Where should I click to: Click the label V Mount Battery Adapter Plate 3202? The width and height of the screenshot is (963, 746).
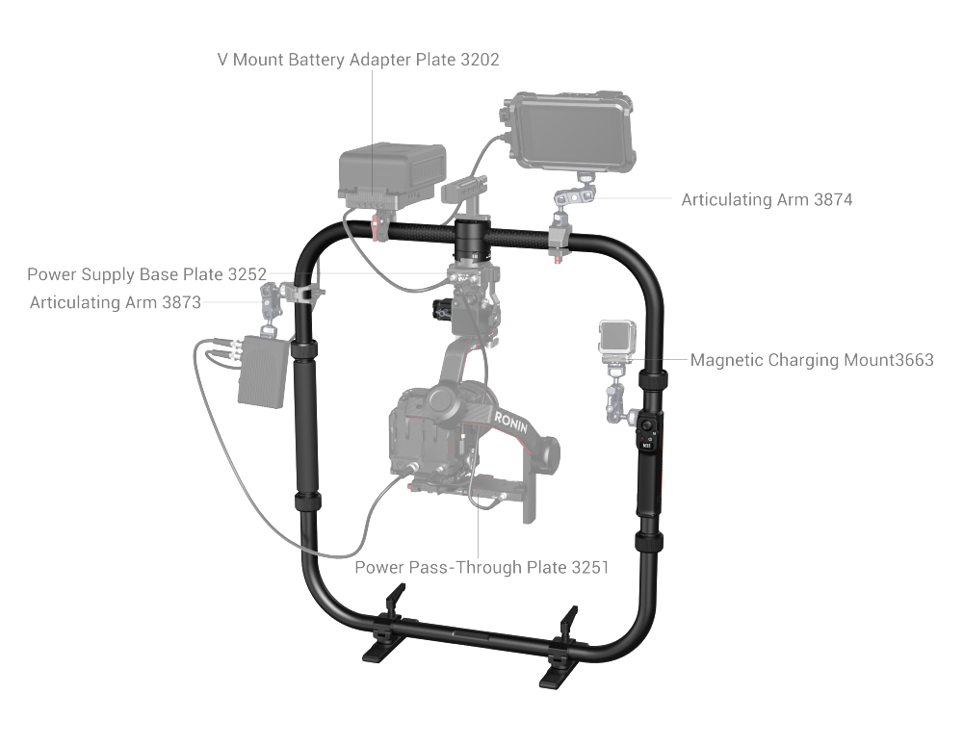pyautogui.click(x=358, y=60)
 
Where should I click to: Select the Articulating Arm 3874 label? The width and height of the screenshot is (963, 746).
pyautogui.click(x=768, y=199)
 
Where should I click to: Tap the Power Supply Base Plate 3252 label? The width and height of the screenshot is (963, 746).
pyautogui.click(x=146, y=274)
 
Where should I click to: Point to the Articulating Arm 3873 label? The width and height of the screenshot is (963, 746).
pyautogui.click(x=116, y=302)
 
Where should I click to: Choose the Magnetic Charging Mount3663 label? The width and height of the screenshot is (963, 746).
pyautogui.click(x=812, y=360)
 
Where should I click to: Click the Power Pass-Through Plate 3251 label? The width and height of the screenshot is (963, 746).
pyautogui.click(x=481, y=567)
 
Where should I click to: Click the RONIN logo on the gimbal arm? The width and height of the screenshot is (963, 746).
pyautogui.click(x=511, y=423)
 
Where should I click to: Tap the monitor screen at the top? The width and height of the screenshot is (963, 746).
pyautogui.click(x=571, y=133)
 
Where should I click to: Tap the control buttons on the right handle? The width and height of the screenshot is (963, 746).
pyautogui.click(x=647, y=433)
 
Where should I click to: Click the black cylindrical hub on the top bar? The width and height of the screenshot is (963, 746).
pyautogui.click(x=471, y=238)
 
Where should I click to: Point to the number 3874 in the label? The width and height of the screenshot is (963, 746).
pyautogui.click(x=833, y=199)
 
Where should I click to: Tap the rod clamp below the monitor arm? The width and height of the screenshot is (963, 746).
pyautogui.click(x=560, y=242)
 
